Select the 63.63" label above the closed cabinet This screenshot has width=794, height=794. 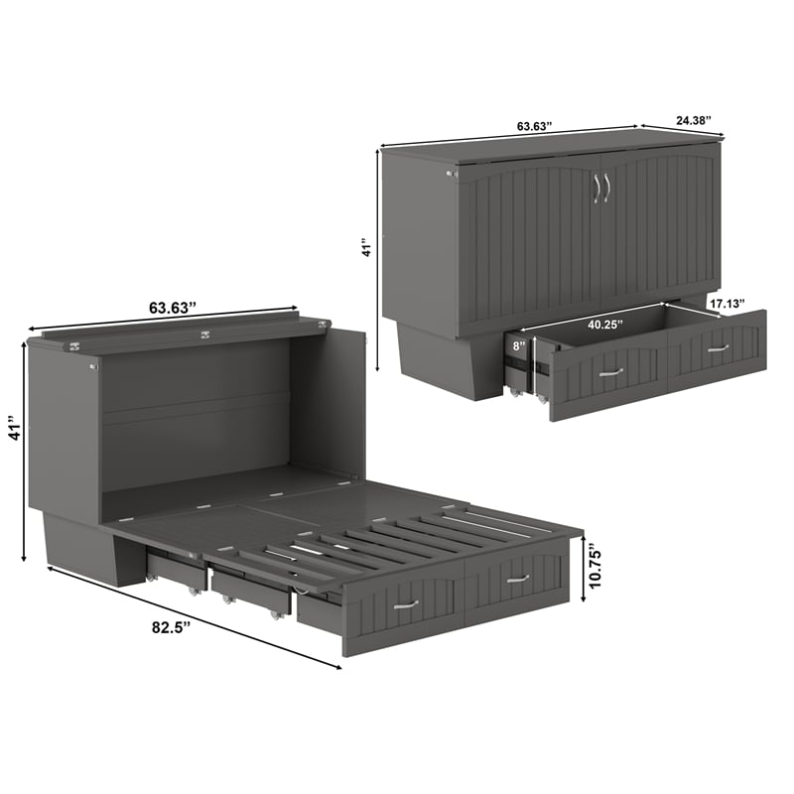[534, 127]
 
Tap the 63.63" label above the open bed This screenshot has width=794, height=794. [172, 308]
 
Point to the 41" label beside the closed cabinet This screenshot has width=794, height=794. [366, 247]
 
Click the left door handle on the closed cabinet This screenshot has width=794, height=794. [595, 187]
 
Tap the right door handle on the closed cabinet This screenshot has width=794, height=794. [606, 187]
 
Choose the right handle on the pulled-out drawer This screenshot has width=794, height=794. [718, 348]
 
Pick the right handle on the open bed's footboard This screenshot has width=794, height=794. [517, 578]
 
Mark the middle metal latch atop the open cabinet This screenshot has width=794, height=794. [204, 335]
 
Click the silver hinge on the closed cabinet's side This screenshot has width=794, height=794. [452, 176]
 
